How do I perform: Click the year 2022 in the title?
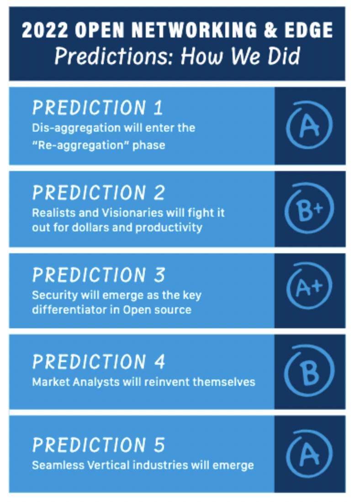point(45,30)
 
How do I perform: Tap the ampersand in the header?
point(271,30)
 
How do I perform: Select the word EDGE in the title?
point(309,30)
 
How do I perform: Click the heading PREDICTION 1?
point(98,107)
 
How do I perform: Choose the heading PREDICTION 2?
point(99,193)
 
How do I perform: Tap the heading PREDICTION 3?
point(99,275)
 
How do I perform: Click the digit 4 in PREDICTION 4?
point(159,362)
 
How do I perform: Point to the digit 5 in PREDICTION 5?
point(159,445)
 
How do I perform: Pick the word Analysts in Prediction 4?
point(96,382)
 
